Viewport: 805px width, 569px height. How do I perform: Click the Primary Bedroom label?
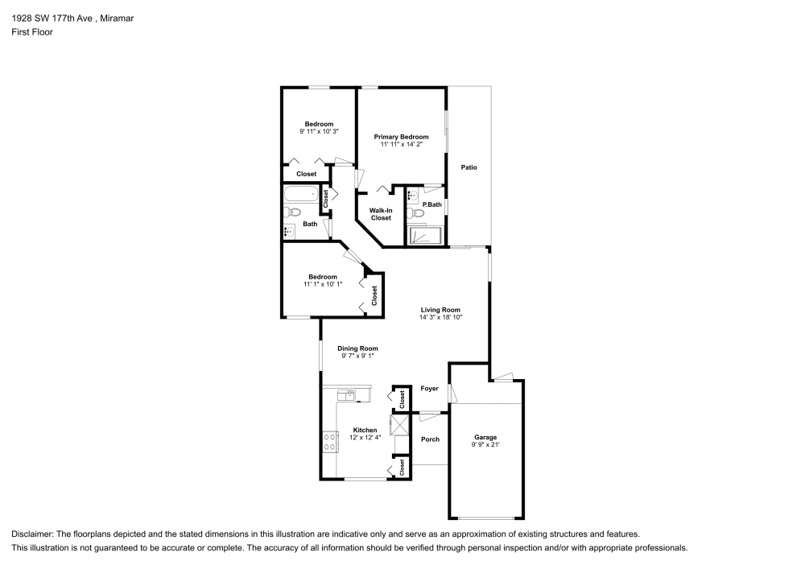coord(400,138)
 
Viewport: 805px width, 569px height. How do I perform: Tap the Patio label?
coord(469,167)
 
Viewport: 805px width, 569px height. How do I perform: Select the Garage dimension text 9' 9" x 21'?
coord(485,444)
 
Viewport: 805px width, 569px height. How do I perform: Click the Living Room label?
coord(440,310)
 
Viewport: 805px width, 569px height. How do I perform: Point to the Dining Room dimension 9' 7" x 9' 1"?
coord(357,356)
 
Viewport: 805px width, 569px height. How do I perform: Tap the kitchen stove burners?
coord(329,440)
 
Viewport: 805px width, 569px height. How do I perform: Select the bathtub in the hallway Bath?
coord(302,194)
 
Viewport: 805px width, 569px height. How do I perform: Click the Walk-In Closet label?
coord(381,214)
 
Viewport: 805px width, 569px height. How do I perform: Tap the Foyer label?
coord(429,389)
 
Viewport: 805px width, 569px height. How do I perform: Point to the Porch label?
coord(430,439)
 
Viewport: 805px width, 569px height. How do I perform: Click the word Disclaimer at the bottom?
coord(32,534)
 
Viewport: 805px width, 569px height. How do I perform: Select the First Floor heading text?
coord(32,32)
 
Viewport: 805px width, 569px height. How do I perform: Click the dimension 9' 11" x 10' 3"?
coord(319,131)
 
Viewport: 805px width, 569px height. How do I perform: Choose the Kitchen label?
coord(365,431)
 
